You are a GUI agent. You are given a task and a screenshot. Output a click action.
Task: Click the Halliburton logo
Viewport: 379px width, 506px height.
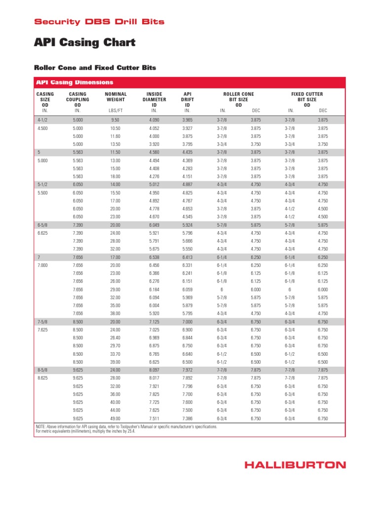pos(296,464)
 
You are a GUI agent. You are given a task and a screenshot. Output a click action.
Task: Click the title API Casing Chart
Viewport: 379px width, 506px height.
pos(84,43)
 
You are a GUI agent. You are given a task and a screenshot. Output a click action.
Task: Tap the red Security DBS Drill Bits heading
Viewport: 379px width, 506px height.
pos(99,22)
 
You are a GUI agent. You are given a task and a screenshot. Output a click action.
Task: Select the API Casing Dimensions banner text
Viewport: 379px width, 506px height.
pos(74,83)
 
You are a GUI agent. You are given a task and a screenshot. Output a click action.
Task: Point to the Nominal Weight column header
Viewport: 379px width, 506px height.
pos(116,99)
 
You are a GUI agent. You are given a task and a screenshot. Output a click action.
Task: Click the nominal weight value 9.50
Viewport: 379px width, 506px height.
pos(115,120)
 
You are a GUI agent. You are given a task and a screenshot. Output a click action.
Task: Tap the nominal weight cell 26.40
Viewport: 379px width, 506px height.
pos(115,337)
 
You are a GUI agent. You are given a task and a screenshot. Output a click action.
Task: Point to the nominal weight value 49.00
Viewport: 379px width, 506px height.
pos(115,419)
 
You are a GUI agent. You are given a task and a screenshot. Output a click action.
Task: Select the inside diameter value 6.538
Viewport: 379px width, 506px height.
pos(154,257)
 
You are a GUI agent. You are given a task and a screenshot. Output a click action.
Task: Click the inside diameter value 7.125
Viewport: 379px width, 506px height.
pos(154,322)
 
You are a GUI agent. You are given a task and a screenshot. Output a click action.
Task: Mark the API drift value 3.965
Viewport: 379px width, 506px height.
pos(188,120)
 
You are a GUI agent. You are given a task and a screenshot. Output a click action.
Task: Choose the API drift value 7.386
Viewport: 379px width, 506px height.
pos(188,419)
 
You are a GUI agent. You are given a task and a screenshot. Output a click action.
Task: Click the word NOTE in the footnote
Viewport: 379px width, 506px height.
pos(41,426)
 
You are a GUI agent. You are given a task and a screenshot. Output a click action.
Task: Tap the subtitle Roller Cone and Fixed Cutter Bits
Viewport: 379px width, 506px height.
pos(94,67)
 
